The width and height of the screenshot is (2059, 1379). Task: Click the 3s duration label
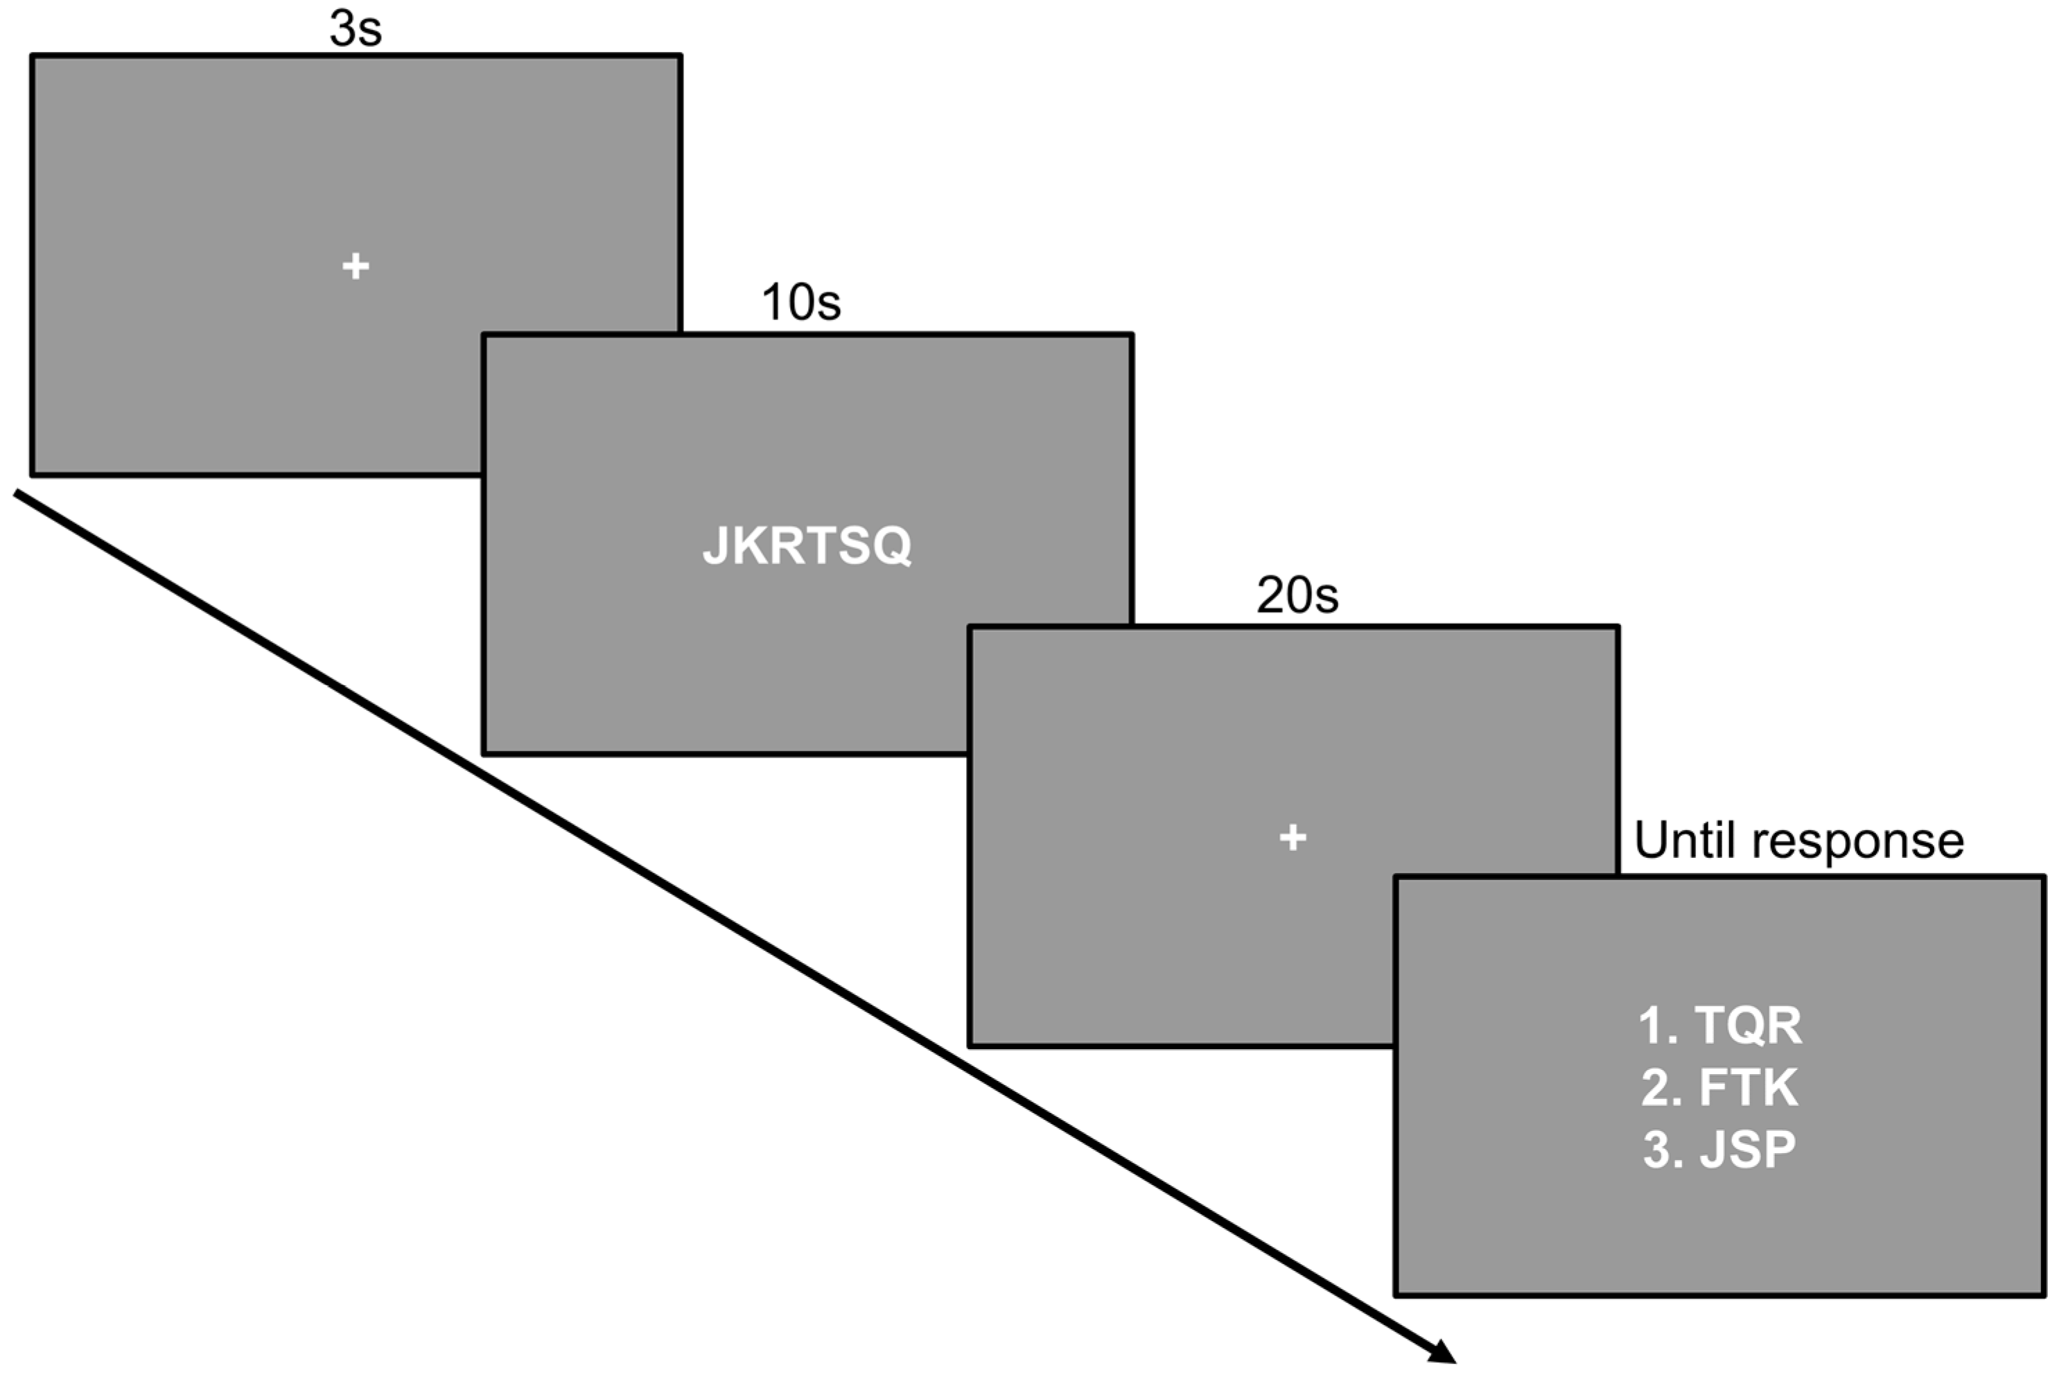[356, 29]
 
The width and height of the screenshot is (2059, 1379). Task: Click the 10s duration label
[800, 303]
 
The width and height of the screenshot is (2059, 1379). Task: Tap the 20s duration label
[1297, 595]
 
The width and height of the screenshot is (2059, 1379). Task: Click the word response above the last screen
[1857, 843]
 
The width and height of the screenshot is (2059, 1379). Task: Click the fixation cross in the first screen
[356, 265]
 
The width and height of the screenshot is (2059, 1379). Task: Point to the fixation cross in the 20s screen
[1292, 837]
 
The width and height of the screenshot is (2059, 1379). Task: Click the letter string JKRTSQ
[807, 545]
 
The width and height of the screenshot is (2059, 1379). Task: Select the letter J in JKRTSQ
[715, 546]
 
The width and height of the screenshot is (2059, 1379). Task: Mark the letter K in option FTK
[1779, 1088]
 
